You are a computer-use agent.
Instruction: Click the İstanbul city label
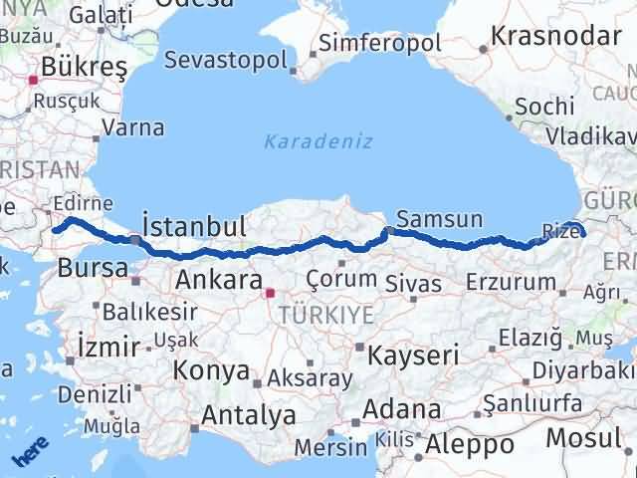[x=194, y=224]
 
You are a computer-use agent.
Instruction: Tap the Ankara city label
[x=218, y=280]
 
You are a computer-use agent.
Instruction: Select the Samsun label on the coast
[x=439, y=218]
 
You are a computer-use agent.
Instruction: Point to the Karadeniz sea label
[x=318, y=141]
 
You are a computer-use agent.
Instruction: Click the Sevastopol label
[x=225, y=59]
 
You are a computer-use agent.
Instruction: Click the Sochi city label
[x=545, y=106]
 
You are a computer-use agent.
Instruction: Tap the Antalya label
[x=249, y=414]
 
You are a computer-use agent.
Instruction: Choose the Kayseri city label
[x=413, y=355]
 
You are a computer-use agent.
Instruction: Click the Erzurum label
[x=511, y=282]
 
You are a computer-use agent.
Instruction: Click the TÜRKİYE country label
[x=326, y=315]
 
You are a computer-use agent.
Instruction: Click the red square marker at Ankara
[x=268, y=294]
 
